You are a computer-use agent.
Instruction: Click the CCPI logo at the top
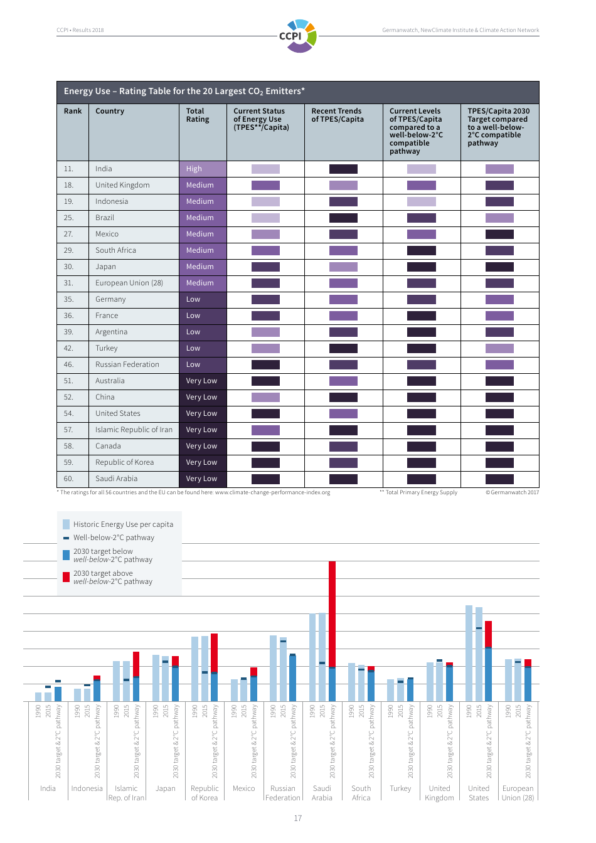[x=299, y=36]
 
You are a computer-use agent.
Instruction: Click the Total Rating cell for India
[x=202, y=169]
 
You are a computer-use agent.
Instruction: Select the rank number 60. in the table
[x=68, y=479]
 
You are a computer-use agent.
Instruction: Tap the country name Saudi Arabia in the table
[x=116, y=479]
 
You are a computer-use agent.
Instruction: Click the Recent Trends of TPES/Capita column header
[x=338, y=115]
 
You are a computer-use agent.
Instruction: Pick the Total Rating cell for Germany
[x=202, y=299]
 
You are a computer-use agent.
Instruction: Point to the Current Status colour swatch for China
[x=265, y=397]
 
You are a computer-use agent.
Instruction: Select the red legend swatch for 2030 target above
[x=67, y=577]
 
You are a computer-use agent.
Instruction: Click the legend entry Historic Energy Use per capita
[x=123, y=524]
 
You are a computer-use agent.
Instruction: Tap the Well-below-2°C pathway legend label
[x=114, y=538]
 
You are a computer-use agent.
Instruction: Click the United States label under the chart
[x=478, y=793]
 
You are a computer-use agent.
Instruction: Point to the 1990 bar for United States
[x=469, y=652]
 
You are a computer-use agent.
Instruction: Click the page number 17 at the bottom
[x=298, y=818]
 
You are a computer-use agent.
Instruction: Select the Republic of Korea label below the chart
[x=205, y=793]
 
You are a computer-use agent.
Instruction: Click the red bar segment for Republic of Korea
[x=214, y=652]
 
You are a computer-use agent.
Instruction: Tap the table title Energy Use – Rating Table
[x=184, y=91]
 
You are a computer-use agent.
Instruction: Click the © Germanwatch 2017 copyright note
[x=512, y=492]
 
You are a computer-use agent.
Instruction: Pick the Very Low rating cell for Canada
[x=202, y=446]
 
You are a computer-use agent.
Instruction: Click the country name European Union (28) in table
[x=129, y=283]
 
